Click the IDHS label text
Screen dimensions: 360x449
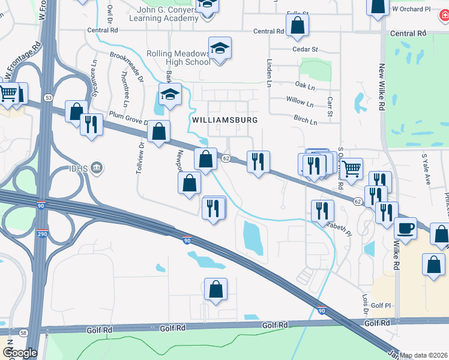[x=78, y=169]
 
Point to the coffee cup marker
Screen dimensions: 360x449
[x=405, y=228]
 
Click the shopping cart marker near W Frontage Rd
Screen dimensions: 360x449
[x=8, y=93]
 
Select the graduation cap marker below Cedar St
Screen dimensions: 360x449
[x=220, y=48]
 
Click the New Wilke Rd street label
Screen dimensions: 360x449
[x=382, y=84]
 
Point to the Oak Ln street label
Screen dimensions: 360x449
[x=304, y=86]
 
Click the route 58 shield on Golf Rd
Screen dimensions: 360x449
[x=23, y=332]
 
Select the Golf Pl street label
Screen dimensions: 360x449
[x=381, y=305]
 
